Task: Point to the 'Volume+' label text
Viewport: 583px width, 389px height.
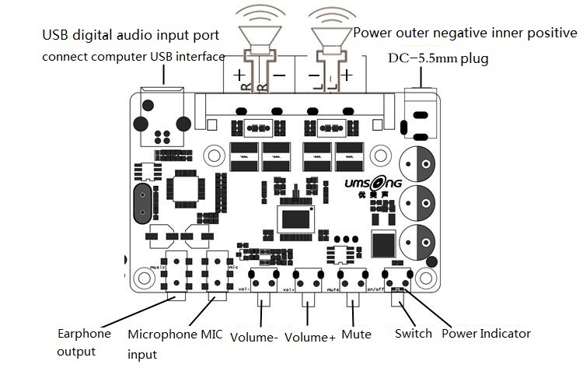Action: tap(310, 337)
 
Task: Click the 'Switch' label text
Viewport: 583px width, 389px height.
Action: tap(413, 334)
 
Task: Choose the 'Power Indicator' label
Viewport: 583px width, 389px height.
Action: tap(486, 334)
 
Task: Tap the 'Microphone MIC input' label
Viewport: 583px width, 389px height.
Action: tap(175, 343)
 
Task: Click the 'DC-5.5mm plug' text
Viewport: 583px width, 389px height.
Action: tap(438, 58)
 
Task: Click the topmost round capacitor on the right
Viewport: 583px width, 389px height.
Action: tap(419, 164)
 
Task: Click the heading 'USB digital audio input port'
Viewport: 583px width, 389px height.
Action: tap(130, 35)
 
